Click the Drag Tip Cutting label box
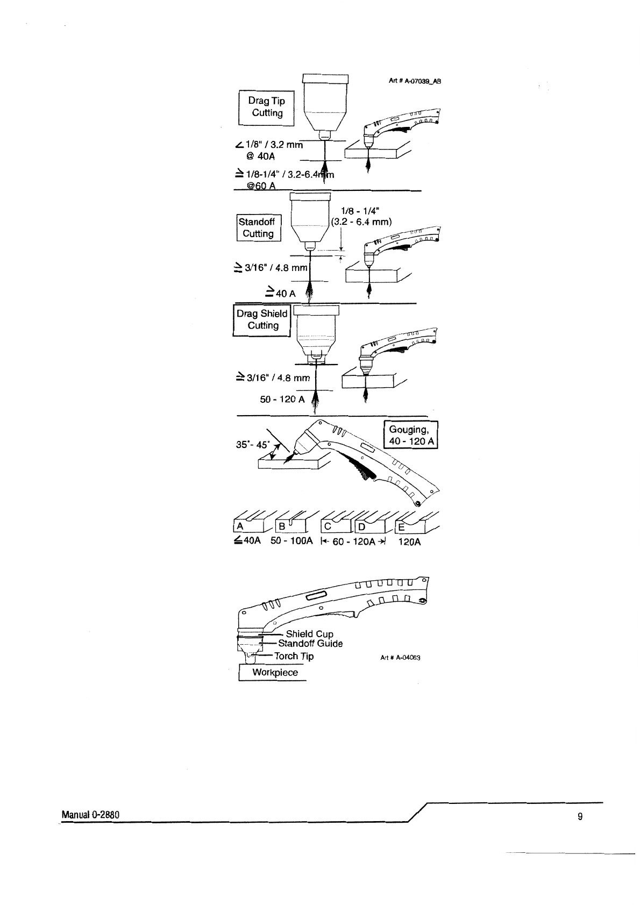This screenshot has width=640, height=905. click(x=266, y=108)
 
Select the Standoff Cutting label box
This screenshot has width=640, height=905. click(x=259, y=228)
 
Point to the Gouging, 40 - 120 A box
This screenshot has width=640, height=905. click(x=411, y=435)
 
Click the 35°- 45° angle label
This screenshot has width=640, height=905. click(x=253, y=444)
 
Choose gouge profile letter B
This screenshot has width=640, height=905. click(x=282, y=526)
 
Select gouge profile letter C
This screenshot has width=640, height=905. click(x=328, y=526)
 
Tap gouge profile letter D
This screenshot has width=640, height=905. click(x=361, y=527)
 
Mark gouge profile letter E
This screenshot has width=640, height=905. click(x=401, y=528)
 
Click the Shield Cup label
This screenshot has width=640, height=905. click(x=309, y=635)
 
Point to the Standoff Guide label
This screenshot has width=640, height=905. click(x=310, y=644)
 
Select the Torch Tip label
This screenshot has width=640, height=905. click(x=294, y=656)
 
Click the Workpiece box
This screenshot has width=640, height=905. click(x=273, y=673)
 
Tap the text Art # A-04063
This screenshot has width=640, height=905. click(x=401, y=658)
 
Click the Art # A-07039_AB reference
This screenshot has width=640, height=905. click(x=415, y=81)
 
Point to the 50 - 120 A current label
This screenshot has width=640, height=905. click(x=282, y=399)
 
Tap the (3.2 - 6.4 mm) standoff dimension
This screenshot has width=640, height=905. click(x=361, y=222)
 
